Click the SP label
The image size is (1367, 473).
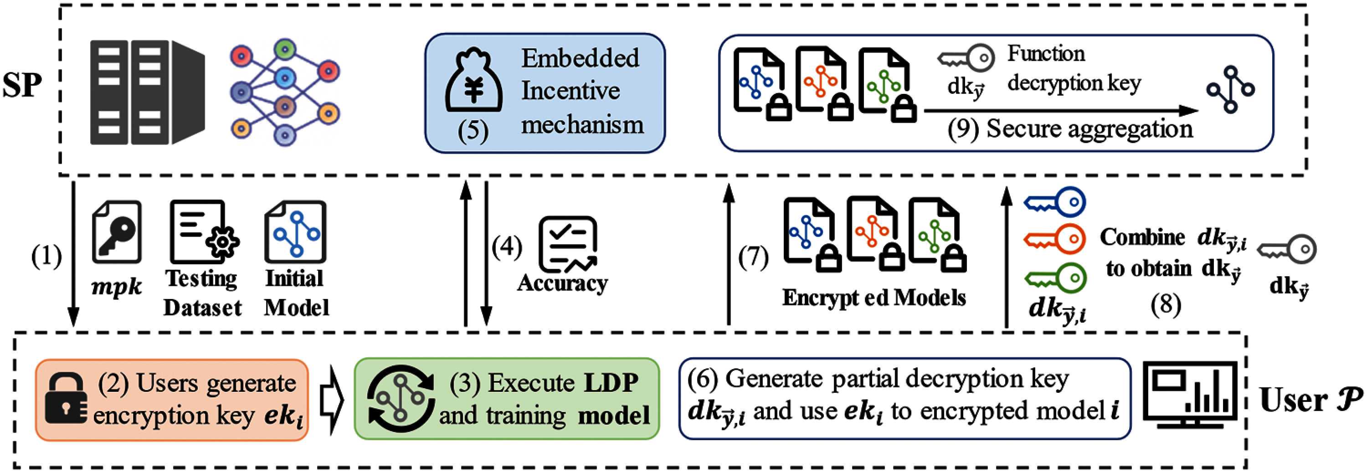(22, 85)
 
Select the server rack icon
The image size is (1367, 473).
(148, 93)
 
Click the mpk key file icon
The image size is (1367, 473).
(117, 231)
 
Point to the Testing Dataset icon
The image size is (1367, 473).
(204, 231)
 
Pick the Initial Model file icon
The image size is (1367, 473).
(296, 231)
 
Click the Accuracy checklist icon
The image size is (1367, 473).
(568, 244)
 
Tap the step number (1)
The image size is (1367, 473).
(46, 256)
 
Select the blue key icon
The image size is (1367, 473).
(1054, 202)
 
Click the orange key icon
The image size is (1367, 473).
(1054, 239)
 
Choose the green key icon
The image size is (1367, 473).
(1054, 278)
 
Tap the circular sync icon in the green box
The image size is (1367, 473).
(401, 398)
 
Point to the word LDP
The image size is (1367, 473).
(612, 382)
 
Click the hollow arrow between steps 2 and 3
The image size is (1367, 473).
(331, 399)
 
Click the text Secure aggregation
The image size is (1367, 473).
(1089, 129)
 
